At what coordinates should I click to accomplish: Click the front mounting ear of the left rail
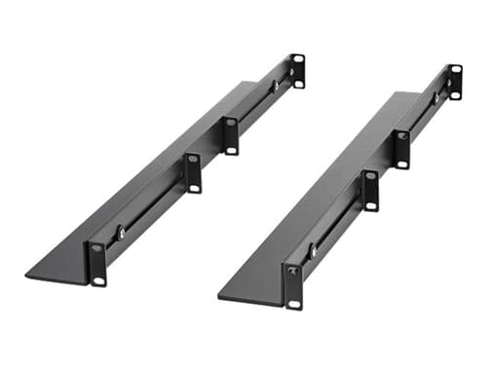click(97, 263)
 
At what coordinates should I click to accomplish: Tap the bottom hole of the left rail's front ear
click(98, 280)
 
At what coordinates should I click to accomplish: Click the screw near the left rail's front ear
click(121, 234)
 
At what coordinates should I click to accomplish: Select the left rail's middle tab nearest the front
click(193, 172)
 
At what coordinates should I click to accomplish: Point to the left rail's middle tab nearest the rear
click(231, 135)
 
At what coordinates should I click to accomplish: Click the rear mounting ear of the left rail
click(298, 71)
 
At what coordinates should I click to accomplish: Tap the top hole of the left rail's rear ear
click(298, 59)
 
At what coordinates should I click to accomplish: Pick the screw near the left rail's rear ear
click(276, 86)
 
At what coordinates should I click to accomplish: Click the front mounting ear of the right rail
click(293, 285)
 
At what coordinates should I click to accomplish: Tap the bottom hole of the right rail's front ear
click(294, 304)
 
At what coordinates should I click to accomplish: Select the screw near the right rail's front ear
click(314, 251)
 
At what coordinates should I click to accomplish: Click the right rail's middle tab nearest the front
click(370, 190)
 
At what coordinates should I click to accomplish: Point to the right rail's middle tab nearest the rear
click(401, 149)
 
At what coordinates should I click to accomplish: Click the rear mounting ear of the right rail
click(455, 82)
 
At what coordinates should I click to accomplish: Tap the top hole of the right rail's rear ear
click(455, 70)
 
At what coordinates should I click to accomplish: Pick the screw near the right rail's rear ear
click(435, 97)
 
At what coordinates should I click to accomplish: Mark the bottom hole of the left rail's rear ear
click(298, 83)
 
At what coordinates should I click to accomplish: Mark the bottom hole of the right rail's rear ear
click(455, 94)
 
